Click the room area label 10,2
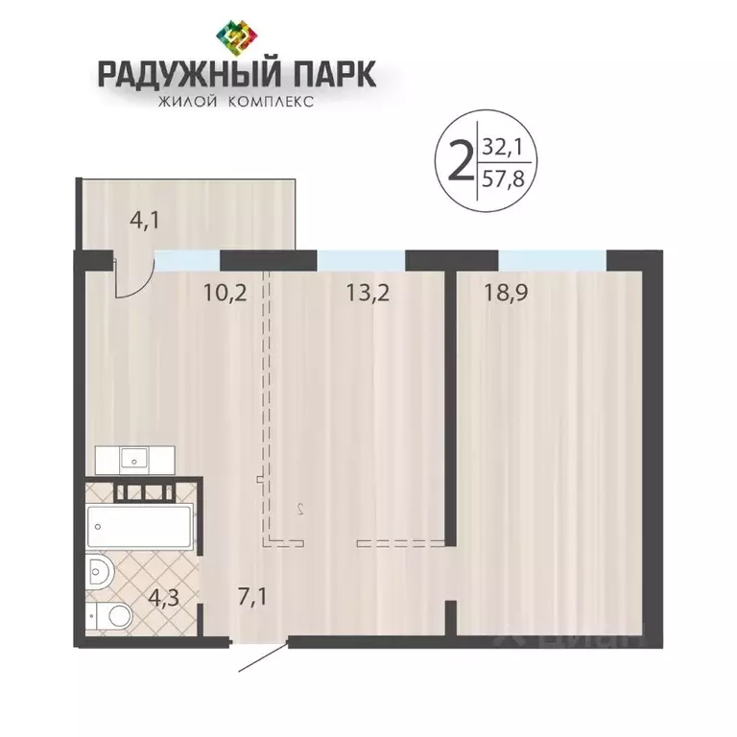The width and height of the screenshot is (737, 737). (x=226, y=293)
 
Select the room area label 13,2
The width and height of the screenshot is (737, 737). (x=368, y=293)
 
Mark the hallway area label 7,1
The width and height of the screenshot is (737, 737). (x=250, y=597)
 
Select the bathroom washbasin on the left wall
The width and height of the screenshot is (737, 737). (x=100, y=573)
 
